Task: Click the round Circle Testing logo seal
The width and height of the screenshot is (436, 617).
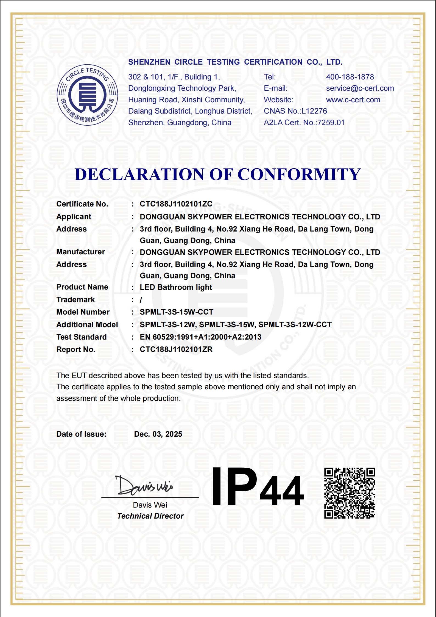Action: pyautogui.click(x=87, y=95)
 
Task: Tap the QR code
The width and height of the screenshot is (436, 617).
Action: pyautogui.click(x=350, y=493)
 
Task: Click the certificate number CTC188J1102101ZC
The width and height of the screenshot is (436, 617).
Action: pyautogui.click(x=176, y=204)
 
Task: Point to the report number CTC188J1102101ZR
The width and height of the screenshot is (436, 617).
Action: pyautogui.click(x=176, y=349)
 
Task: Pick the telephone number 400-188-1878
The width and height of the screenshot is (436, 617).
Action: pyautogui.click(x=350, y=77)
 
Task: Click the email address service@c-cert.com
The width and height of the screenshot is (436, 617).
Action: pyautogui.click(x=360, y=88)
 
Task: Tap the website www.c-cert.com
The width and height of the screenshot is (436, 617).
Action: pyautogui.click(x=353, y=100)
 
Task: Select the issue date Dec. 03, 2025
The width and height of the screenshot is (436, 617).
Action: pyautogui.click(x=158, y=434)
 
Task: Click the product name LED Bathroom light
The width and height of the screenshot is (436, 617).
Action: pyautogui.click(x=176, y=287)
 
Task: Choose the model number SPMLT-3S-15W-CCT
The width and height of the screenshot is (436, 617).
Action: pyautogui.click(x=176, y=312)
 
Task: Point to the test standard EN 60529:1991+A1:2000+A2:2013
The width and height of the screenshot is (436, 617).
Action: pyautogui.click(x=200, y=337)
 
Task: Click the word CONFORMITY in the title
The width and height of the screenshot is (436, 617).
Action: pyautogui.click(x=299, y=174)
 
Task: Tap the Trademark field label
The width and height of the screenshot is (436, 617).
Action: pyautogui.click(x=76, y=299)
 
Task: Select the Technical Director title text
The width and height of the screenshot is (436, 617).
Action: pyautogui.click(x=150, y=516)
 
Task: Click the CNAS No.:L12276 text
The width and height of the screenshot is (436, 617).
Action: pyautogui.click(x=295, y=111)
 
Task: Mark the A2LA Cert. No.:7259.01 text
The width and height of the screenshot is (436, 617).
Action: pyautogui.click(x=304, y=122)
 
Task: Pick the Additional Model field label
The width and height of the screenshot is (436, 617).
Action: pyautogui.click(x=87, y=324)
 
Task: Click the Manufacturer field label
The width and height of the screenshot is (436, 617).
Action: pyautogui.click(x=80, y=252)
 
